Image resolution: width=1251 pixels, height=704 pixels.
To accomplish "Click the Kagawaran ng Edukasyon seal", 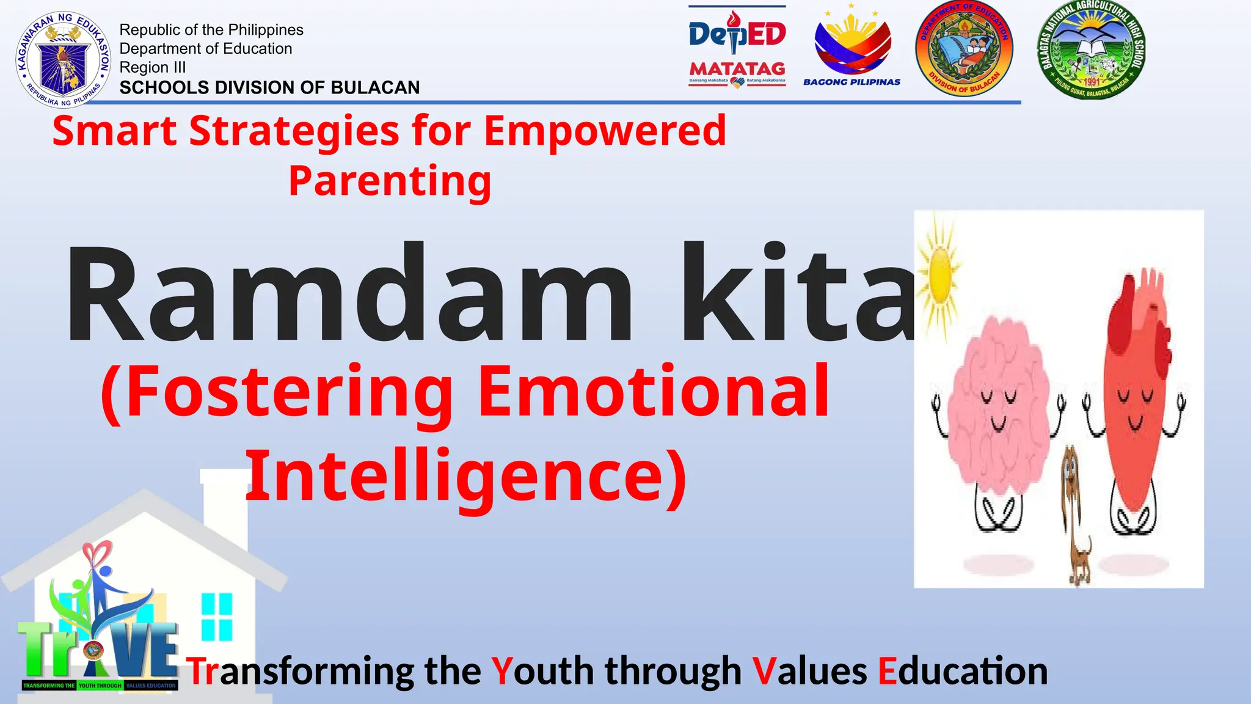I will [64, 59].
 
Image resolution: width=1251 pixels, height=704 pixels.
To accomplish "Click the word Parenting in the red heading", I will [390, 181].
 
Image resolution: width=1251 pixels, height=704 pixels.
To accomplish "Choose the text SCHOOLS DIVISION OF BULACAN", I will [269, 87].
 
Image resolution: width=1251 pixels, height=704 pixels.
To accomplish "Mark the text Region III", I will [152, 67].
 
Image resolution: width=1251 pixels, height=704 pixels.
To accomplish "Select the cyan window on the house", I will [217, 616].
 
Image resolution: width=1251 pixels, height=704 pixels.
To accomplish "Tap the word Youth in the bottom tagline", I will [542, 671].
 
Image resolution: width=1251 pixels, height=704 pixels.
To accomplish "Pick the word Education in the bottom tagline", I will [963, 671].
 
